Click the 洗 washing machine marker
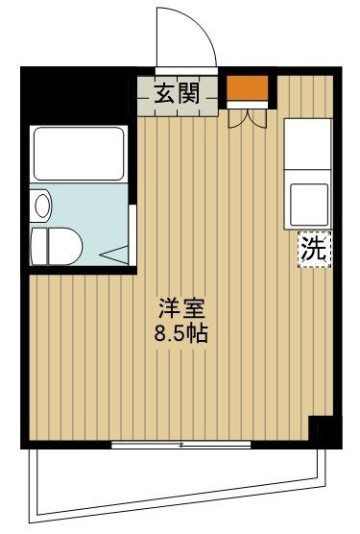click(314, 251)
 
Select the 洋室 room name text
click(181, 311)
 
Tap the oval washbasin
click(40, 205)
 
